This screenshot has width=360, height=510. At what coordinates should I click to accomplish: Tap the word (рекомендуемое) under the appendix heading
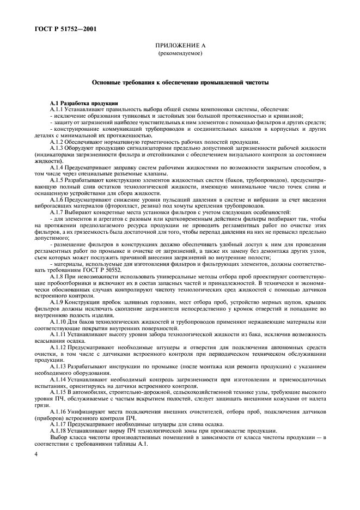(180, 55)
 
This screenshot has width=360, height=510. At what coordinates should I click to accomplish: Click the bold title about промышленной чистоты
(180, 83)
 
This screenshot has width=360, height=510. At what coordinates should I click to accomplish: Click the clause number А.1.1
(57, 110)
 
